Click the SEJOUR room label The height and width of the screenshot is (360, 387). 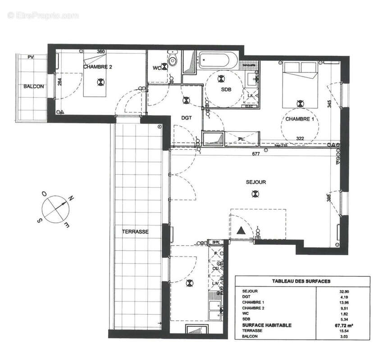(x=256, y=182)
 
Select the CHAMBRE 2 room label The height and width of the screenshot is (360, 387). (x=97, y=67)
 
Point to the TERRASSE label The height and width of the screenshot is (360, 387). (x=135, y=231)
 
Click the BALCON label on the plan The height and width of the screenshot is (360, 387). (x=34, y=86)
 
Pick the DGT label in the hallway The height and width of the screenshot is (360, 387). (x=187, y=118)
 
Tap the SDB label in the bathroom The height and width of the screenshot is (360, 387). (x=226, y=90)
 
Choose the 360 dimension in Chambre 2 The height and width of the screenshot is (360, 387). (x=100, y=52)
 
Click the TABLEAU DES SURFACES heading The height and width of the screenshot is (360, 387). (x=301, y=281)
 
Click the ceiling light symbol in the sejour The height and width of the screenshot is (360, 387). (x=255, y=194)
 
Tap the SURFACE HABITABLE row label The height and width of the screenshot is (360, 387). (x=267, y=325)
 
